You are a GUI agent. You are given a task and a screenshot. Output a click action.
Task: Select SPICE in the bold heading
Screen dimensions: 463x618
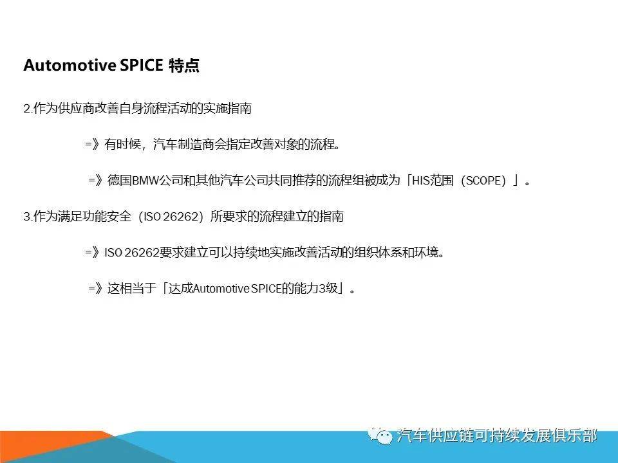click(x=141, y=66)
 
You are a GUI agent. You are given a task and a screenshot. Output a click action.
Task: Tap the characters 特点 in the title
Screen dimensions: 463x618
click(x=184, y=66)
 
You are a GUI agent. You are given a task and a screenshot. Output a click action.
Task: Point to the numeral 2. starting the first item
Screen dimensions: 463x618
click(x=27, y=109)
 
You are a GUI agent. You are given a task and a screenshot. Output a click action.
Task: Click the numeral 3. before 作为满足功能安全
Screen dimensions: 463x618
click(x=27, y=217)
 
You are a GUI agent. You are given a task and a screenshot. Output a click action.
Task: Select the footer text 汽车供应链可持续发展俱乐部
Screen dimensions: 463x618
click(x=497, y=437)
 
